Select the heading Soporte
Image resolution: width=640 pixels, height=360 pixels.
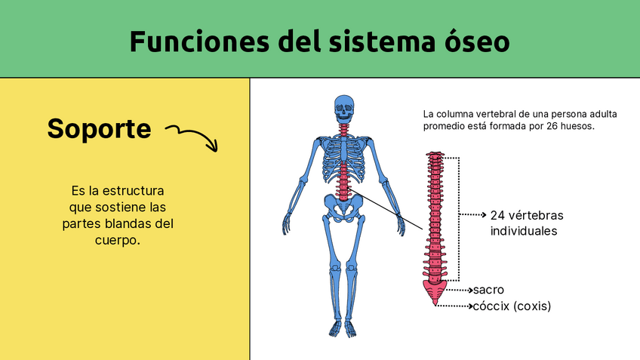click(99, 128)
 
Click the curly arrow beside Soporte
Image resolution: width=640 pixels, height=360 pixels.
click(191, 136)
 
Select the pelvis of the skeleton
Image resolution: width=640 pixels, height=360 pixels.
click(344, 206)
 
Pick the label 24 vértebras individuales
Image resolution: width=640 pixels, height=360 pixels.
click(526, 223)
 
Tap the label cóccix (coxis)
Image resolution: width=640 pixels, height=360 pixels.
click(511, 306)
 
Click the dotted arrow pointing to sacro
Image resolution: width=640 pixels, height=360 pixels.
click(459, 290)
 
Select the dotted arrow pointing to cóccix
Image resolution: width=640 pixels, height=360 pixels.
click(455, 306)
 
